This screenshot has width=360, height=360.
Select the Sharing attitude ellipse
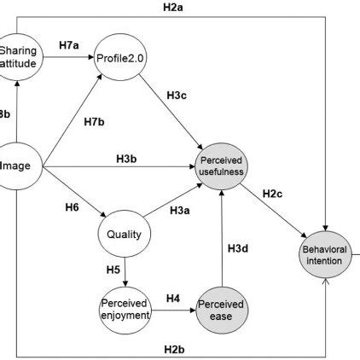click(19, 55)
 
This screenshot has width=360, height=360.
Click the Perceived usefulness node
click(222, 165)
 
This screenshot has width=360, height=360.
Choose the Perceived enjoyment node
click(125, 308)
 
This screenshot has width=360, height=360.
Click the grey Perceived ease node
click(222, 308)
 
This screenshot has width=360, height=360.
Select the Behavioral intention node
click(325, 254)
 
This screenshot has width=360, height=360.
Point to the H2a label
click(175, 8)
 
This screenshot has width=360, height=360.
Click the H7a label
click(69, 44)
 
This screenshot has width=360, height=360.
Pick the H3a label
click(180, 211)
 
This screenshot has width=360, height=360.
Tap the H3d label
click(238, 248)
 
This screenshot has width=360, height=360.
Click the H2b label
click(175, 348)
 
